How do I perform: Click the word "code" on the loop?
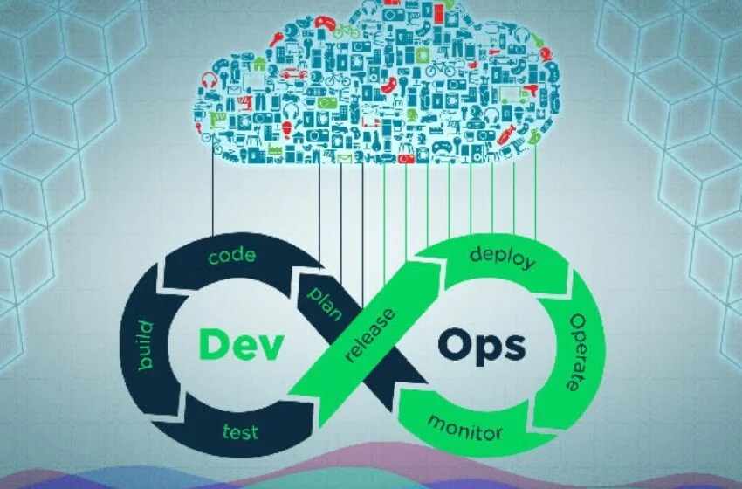(x=232, y=256)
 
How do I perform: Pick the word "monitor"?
(x=464, y=428)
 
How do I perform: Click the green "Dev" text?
(x=242, y=344)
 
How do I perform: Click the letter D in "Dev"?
(x=215, y=343)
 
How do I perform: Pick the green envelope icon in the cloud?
(x=344, y=158)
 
